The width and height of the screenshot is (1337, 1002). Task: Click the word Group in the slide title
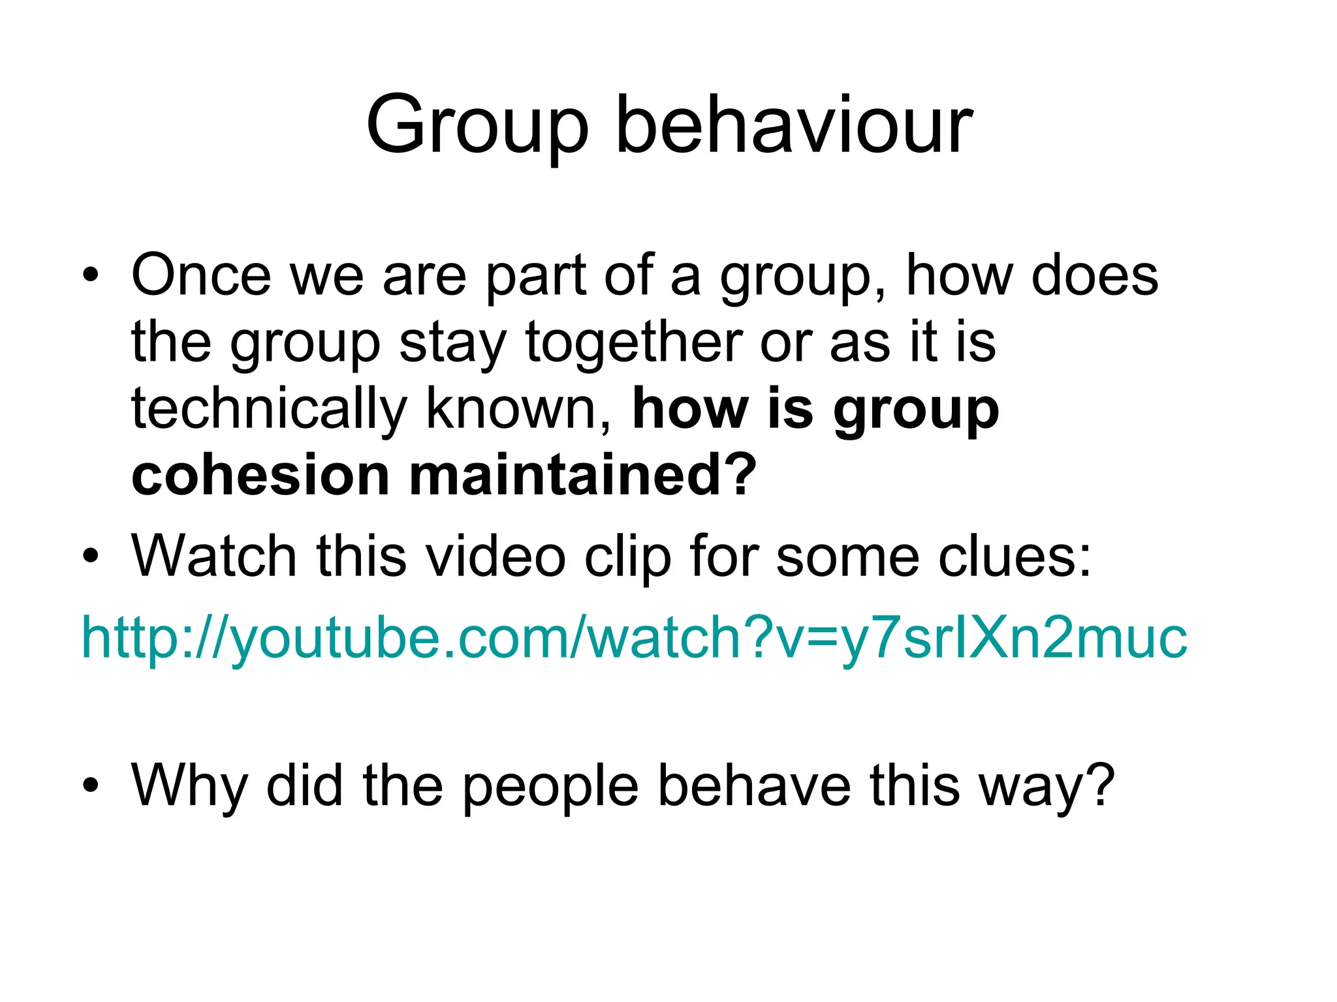coord(477,126)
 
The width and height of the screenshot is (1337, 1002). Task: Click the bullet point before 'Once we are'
coord(91,275)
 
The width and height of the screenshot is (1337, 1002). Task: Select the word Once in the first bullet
coord(201,275)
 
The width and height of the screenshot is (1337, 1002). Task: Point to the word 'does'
coord(1094,275)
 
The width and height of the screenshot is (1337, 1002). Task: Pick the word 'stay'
coord(452,344)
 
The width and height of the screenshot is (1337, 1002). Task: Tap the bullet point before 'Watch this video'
coord(91,556)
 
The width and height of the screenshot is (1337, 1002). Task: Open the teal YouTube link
coord(634,637)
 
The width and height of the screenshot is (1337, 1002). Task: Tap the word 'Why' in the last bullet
coord(190,786)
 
